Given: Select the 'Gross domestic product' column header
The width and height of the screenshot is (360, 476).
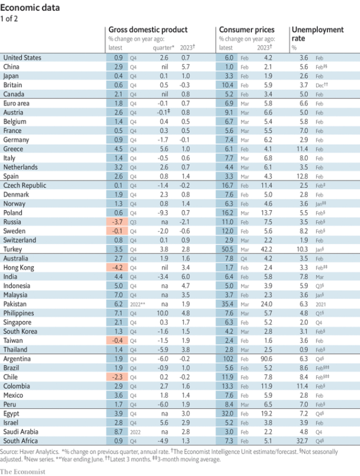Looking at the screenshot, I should [148, 29].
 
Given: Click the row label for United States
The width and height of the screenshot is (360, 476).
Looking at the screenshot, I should [22, 57].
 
